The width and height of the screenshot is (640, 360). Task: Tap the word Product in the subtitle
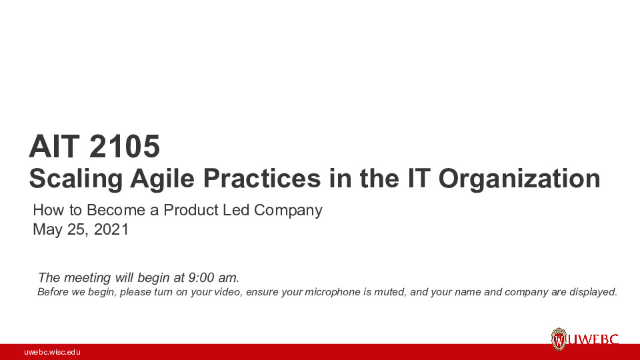tap(191, 211)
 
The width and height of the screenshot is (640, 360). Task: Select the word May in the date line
tap(47, 231)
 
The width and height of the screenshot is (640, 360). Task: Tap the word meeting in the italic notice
tap(84, 277)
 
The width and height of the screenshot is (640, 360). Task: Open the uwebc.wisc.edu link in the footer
tap(52, 352)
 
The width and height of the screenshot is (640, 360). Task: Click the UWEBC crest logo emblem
tap(559, 339)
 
